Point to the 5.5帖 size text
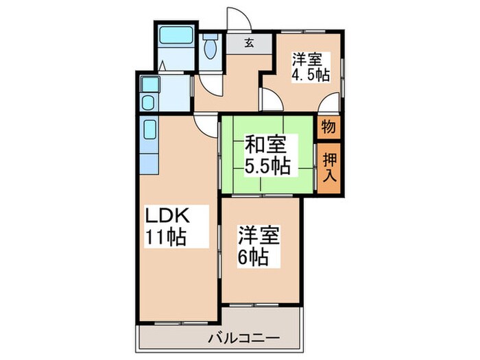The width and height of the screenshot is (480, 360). point(267,167)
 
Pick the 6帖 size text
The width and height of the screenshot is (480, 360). point(254,259)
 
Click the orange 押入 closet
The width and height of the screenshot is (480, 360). point(329,167)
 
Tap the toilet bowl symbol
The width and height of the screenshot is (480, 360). point(211,46)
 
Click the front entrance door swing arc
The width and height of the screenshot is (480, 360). point(235,19)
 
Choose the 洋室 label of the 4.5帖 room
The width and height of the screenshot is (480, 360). point(307,58)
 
